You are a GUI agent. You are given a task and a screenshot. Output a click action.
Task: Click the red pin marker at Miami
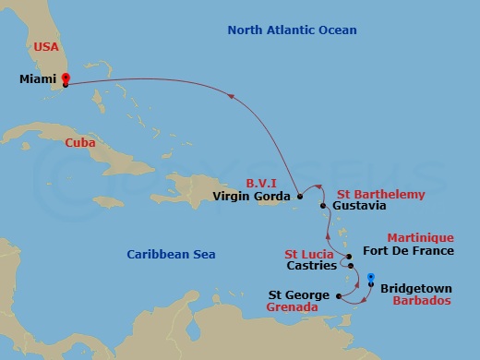pos(66,79)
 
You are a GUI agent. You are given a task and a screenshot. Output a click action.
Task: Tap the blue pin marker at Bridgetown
pos(370,277)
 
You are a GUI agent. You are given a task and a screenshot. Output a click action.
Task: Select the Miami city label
pos(38,79)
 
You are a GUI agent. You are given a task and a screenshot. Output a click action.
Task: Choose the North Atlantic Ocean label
pos(292,30)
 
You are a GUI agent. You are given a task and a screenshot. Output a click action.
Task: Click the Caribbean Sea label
pos(164,253)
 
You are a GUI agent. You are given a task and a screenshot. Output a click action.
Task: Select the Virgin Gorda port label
pos(252,196)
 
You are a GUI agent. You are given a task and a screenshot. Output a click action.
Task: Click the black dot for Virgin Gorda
pos(300,196)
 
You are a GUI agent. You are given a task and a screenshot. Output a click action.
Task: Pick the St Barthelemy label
pos(381,194)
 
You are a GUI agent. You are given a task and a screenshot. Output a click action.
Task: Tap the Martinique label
pos(420,237)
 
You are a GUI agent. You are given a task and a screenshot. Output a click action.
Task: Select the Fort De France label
pos(408,250)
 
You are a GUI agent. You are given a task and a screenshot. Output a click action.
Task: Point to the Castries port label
pos(311,266)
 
